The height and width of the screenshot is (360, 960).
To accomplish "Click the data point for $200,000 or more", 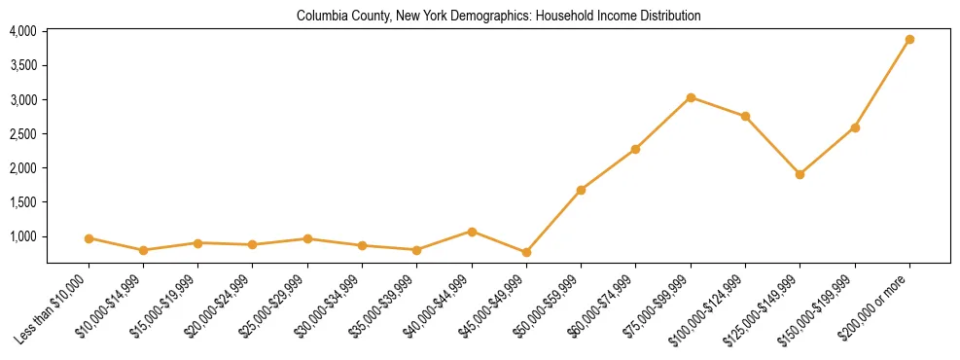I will click(x=909, y=40).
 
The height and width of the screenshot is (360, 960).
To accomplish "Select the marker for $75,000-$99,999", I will click(x=691, y=97).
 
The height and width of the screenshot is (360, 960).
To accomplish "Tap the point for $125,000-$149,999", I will click(x=800, y=174).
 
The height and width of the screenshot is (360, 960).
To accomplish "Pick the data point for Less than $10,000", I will click(x=89, y=238).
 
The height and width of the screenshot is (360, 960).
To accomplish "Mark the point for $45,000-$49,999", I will click(x=526, y=252).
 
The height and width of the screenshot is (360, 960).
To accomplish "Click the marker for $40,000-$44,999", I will click(x=472, y=232).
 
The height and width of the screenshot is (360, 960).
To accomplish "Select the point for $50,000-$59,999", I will click(x=581, y=190).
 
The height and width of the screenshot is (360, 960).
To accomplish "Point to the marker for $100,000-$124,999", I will click(x=745, y=116).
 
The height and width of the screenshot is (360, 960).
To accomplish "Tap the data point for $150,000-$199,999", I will click(x=855, y=127).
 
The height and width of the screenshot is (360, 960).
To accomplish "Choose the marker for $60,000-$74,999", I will click(x=635, y=149).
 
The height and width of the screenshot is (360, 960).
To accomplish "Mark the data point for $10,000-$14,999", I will click(x=143, y=250).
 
